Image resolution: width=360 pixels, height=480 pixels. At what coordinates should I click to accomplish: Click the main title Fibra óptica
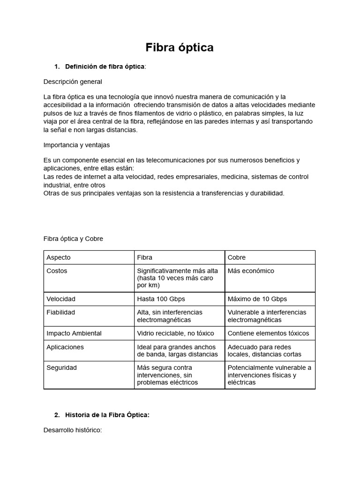click(180, 47)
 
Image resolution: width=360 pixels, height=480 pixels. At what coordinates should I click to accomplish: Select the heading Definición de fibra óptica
click(105, 67)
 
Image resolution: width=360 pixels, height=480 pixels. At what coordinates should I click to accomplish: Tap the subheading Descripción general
click(73, 82)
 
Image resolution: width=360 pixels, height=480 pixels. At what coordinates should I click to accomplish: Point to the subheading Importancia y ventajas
click(76, 145)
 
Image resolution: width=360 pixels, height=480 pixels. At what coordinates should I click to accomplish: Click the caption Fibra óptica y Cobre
click(73, 239)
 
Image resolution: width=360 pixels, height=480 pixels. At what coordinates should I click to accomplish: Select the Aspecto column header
click(59, 257)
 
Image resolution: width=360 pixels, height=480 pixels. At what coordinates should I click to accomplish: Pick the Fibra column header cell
click(145, 257)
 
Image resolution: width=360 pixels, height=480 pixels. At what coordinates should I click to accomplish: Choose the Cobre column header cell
click(237, 257)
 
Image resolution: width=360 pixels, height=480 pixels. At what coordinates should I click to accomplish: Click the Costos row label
click(57, 271)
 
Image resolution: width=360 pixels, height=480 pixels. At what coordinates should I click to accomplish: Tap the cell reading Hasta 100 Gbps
click(159, 299)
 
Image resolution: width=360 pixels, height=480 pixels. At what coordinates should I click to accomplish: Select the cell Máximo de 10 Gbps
click(257, 299)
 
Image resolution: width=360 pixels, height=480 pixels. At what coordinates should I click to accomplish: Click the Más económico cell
click(251, 271)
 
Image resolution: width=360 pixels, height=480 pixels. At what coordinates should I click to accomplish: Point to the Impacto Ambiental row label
click(74, 333)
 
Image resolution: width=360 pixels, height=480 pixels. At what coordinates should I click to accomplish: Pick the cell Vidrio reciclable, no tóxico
click(175, 333)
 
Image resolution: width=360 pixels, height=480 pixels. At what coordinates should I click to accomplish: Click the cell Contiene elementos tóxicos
click(268, 333)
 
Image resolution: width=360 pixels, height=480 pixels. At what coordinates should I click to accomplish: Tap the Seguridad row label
click(61, 368)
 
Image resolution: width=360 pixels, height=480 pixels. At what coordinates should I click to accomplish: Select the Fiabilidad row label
click(61, 312)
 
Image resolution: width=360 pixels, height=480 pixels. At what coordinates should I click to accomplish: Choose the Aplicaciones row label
click(65, 347)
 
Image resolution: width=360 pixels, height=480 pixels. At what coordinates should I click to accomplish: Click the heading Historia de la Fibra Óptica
click(107, 415)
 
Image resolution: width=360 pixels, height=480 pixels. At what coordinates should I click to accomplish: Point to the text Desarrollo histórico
click(72, 429)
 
